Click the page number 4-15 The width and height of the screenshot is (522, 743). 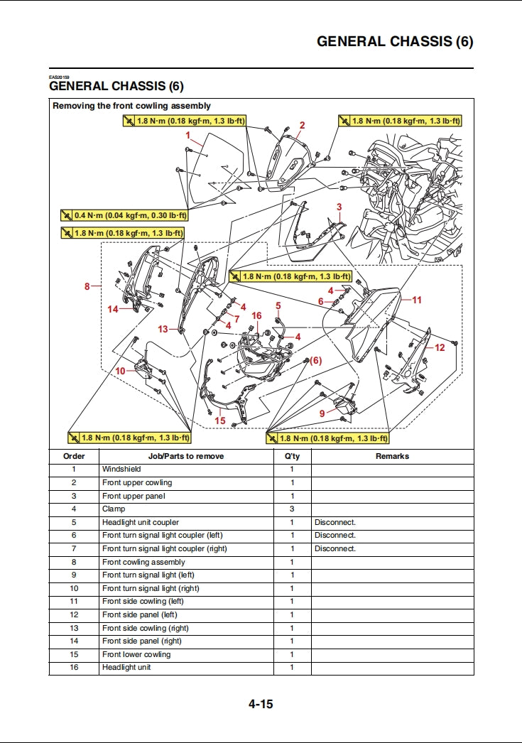pyautogui.click(x=261, y=705)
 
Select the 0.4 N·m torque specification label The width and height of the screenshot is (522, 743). pyautogui.click(x=124, y=215)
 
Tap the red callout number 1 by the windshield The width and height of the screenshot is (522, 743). pyautogui.click(x=188, y=134)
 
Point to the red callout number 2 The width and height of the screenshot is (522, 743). pyautogui.click(x=302, y=125)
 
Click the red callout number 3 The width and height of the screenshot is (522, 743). pyautogui.click(x=339, y=207)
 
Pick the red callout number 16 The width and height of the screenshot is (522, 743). pyautogui.click(x=256, y=315)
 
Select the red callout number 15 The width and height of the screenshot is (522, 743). pyautogui.click(x=220, y=421)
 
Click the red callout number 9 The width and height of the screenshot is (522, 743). pyautogui.click(x=322, y=413)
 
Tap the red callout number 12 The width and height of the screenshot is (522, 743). pyautogui.click(x=440, y=347)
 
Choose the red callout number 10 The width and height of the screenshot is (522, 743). pyautogui.click(x=121, y=371)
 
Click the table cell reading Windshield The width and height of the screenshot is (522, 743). pyautogui.click(x=121, y=470)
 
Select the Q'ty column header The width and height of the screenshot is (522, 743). pyautogui.click(x=292, y=456)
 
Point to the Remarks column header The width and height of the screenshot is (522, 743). pyautogui.click(x=392, y=456)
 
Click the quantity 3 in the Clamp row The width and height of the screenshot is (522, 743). pyautogui.click(x=292, y=509)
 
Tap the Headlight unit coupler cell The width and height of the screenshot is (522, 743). pyautogui.click(x=141, y=522)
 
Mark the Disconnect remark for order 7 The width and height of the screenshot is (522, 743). pyautogui.click(x=335, y=549)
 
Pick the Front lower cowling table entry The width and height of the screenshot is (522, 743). pyautogui.click(x=136, y=655)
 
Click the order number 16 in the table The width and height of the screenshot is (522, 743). pyautogui.click(x=74, y=668)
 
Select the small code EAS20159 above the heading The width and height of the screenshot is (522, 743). pyautogui.click(x=59, y=77)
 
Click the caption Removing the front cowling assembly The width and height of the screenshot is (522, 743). pyautogui.click(x=132, y=106)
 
